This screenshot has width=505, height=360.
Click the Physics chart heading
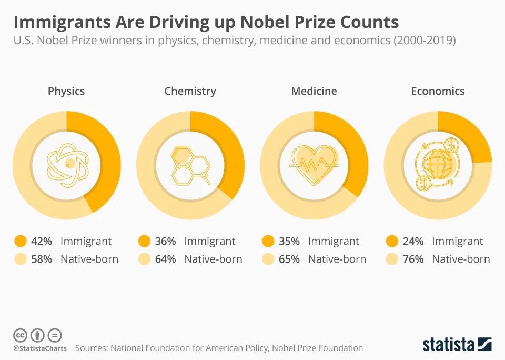(x=66, y=91)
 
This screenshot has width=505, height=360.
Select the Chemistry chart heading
(x=190, y=91)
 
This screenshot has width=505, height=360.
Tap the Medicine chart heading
(x=314, y=91)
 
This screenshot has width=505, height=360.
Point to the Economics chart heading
(x=438, y=91)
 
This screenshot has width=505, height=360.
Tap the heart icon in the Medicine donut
(x=314, y=164)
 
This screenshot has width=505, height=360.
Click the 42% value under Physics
(x=42, y=242)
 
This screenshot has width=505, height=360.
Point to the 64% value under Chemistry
(x=165, y=259)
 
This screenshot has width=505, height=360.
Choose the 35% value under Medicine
(x=289, y=242)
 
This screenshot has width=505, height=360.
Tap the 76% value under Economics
(x=413, y=259)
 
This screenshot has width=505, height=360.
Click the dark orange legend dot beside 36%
(x=144, y=242)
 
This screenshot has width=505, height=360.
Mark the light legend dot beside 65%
(x=268, y=259)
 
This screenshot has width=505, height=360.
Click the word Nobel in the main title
(x=258, y=22)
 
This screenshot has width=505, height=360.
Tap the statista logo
(x=457, y=345)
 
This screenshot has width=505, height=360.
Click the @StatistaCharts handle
(x=40, y=348)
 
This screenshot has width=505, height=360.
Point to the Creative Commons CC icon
(x=20, y=335)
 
